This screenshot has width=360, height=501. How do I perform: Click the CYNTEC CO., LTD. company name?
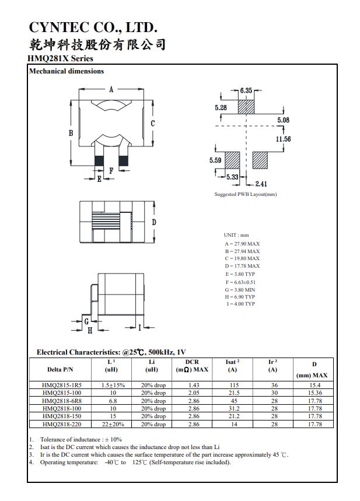tap(93, 27)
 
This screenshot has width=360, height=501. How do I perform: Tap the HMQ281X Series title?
tap(60, 58)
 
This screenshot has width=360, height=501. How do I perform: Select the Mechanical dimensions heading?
tap(67, 71)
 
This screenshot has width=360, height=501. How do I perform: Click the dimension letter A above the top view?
tap(111, 89)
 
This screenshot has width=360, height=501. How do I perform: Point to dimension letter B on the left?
tap(71, 133)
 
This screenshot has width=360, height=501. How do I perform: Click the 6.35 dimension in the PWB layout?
tap(246, 90)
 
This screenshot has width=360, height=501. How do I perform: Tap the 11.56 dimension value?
tap(283, 139)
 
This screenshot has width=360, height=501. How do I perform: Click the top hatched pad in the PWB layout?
tap(246, 107)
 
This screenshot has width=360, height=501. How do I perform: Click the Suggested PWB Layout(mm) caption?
tap(245, 194)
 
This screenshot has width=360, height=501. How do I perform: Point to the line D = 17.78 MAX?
tap(242, 266)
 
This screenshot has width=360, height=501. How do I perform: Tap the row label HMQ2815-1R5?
tap(62, 386)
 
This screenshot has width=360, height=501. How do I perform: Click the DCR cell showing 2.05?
tap(194, 393)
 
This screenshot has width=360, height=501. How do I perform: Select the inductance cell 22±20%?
tap(113, 424)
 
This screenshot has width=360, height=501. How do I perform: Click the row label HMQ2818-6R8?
tap(62, 401)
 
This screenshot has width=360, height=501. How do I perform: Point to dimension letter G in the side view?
tap(86, 321)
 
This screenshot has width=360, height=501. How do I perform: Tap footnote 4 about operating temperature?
tap(135, 463)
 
